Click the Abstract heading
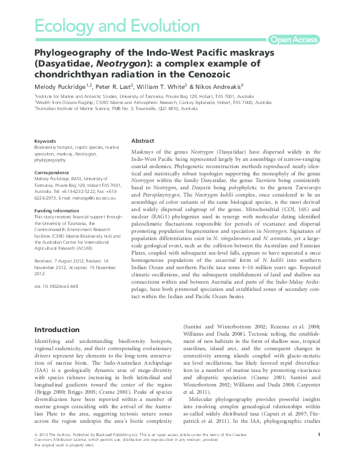click(143, 140)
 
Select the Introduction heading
click(57, 330)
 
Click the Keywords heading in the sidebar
click(45, 141)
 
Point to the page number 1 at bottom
click(319, 452)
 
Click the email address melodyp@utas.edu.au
click(93, 198)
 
